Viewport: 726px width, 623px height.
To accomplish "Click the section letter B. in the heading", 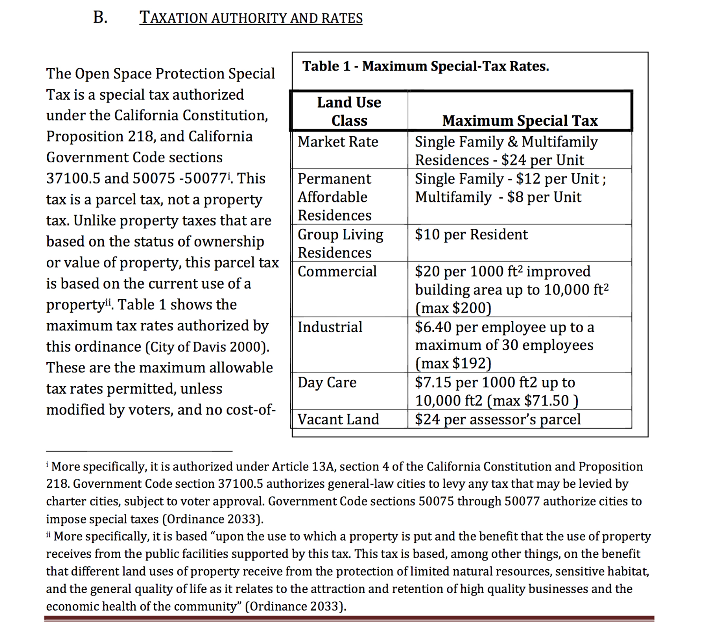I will click(x=100, y=18).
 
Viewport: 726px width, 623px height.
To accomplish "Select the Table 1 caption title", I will click(x=425, y=66).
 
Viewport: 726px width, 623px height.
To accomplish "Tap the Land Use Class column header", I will click(x=349, y=111).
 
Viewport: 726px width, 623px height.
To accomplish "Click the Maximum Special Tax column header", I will click(x=520, y=120).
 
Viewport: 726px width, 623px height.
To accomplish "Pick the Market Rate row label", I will click(x=338, y=142).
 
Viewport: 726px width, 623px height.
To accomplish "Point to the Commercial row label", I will click(x=337, y=271).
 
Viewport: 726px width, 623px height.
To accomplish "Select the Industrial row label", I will click(x=330, y=327).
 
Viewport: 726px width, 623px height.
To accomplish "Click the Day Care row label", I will click(x=327, y=382).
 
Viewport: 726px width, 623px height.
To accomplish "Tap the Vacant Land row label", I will click(x=338, y=419).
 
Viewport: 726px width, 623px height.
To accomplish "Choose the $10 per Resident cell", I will click(x=471, y=234).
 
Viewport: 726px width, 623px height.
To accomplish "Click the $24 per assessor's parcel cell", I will click(x=497, y=419).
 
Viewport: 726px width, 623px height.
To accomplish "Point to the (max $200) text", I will click(x=453, y=308).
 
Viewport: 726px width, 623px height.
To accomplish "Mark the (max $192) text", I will click(x=453, y=363).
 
